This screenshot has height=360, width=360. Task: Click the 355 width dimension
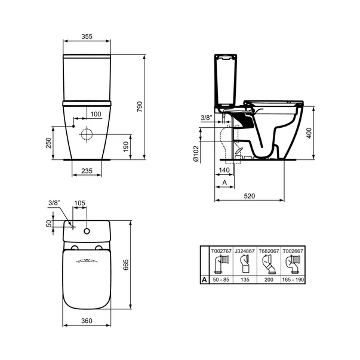[87, 37]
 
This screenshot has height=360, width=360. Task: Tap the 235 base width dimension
[87, 171]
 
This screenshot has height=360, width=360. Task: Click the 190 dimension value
[125, 147]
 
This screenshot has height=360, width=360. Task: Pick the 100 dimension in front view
[96, 114]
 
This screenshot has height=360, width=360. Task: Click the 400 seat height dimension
[309, 132]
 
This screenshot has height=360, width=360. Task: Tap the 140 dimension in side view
[223, 170]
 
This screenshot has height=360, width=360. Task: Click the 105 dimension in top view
[79, 203]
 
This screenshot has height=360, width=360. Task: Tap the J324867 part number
[245, 252]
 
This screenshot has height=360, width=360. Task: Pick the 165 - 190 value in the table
[293, 278]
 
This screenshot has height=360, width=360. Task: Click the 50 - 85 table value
[221, 278]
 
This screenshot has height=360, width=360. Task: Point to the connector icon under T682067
[269, 264]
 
